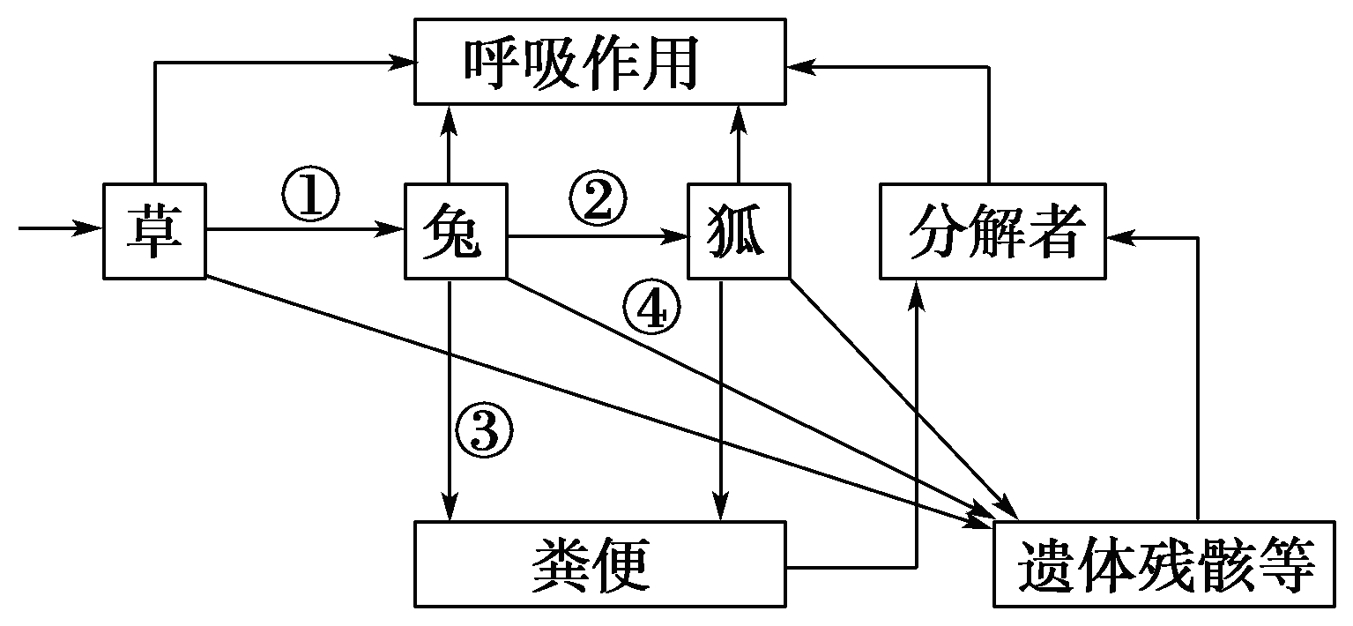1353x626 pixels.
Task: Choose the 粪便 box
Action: coord(599,563)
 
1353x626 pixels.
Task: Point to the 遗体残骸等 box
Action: coord(1163,563)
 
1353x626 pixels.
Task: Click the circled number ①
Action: coord(310,195)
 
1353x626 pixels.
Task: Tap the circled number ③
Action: coord(483,431)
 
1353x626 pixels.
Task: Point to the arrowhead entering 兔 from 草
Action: coord(394,229)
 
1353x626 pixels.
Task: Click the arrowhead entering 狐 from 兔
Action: coord(678,236)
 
